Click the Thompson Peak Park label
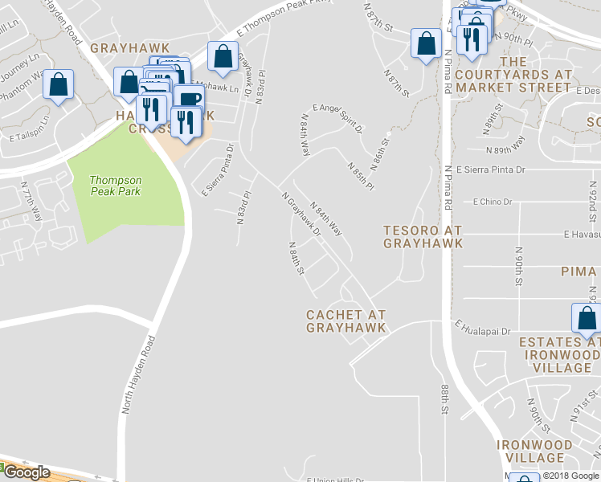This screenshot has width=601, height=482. tap(116, 186)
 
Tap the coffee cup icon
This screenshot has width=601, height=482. tap(189, 100)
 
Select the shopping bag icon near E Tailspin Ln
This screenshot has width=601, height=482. tap(58, 84)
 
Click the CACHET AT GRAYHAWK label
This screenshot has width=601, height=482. tap(345, 321)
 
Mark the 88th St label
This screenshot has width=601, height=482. tap(444, 399)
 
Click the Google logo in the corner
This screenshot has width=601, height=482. tap(26, 472)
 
